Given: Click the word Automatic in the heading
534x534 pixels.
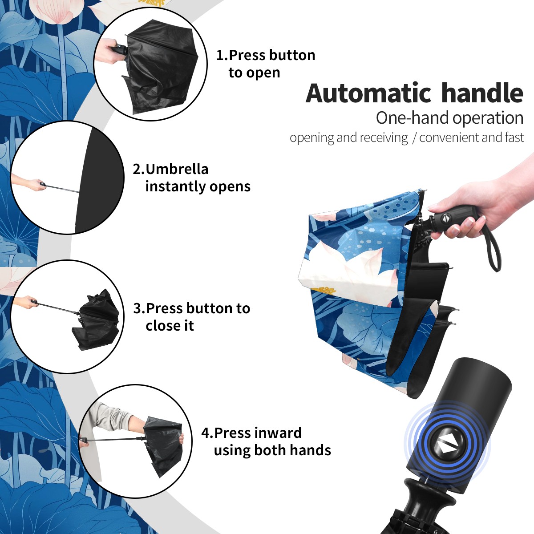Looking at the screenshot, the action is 368,93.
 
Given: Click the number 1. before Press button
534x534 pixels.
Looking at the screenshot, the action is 222,55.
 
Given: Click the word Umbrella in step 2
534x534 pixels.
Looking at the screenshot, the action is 177,169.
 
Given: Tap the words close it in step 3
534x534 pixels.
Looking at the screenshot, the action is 170,326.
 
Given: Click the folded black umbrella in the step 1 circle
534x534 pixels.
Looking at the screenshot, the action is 161,66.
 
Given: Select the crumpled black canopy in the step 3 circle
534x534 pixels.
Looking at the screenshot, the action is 96,320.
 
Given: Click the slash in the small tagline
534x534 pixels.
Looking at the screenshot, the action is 414,138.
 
